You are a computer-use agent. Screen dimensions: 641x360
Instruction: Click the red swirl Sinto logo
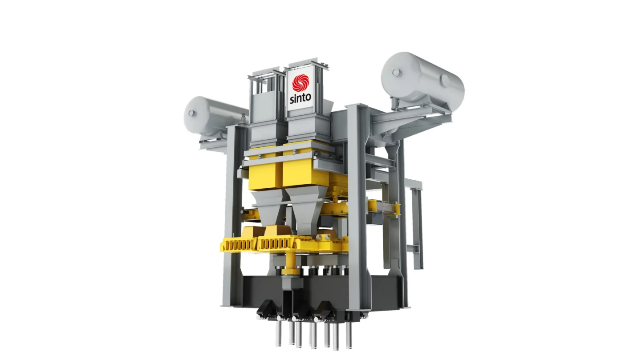[300, 83]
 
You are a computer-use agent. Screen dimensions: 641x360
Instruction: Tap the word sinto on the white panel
[300, 98]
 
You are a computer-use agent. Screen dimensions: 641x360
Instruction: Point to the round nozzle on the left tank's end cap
[191, 113]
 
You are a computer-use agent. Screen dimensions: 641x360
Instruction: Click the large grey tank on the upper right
[423, 81]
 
